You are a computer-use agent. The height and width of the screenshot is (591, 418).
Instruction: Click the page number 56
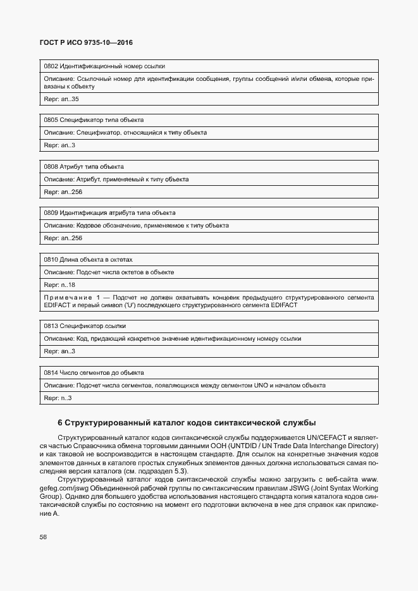43,537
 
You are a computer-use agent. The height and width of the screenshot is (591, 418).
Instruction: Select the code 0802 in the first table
51,66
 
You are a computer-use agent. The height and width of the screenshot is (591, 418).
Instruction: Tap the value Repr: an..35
61,99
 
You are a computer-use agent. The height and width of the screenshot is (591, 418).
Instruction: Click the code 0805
51,120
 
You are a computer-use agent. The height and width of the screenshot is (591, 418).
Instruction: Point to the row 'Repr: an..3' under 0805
59,145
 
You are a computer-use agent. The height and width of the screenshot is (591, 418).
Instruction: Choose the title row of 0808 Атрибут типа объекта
83,167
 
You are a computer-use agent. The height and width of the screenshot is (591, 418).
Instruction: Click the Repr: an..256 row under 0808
63,192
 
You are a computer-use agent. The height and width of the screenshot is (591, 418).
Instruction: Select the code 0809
51,213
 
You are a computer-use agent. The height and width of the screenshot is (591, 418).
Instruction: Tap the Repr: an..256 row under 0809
63,238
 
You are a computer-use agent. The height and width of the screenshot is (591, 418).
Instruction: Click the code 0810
51,260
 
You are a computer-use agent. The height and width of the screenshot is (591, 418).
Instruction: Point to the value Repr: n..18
59,285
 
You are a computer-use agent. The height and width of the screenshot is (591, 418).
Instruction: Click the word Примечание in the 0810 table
68,297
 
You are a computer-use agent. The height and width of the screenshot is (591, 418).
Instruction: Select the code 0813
51,326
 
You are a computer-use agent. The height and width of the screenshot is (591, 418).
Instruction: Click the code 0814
51,373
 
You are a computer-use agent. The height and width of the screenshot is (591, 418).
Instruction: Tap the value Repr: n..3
58,398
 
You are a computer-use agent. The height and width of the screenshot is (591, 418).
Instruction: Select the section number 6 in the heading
60,422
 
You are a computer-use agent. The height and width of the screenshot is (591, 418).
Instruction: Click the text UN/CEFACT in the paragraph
327,437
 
